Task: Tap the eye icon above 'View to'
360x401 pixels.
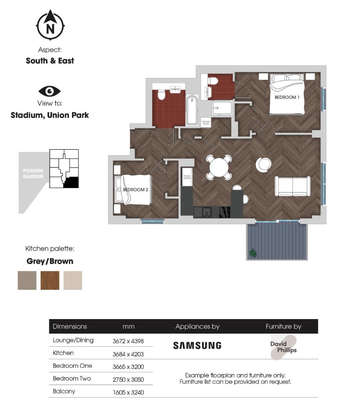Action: click(x=50, y=92)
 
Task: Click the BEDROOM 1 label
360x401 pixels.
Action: click(x=287, y=97)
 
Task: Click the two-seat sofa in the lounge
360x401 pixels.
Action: click(x=293, y=186)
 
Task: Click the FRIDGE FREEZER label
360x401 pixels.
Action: click(x=187, y=177)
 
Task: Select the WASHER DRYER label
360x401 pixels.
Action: click(x=206, y=122)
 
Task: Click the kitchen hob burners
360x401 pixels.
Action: click(x=225, y=212)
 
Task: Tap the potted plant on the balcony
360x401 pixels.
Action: click(x=253, y=253)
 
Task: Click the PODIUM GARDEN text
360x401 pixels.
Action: click(x=33, y=174)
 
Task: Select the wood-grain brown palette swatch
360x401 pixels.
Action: click(x=50, y=280)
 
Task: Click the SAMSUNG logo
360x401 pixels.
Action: click(x=197, y=346)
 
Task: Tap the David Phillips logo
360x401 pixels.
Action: click(x=283, y=347)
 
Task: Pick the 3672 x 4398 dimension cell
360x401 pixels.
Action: click(x=128, y=341)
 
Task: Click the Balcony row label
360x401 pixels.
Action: click(x=64, y=391)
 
